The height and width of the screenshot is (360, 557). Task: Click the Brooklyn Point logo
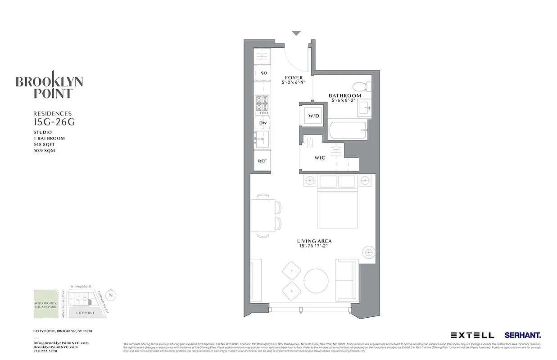(x=49, y=85)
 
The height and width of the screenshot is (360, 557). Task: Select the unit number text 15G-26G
(x=52, y=121)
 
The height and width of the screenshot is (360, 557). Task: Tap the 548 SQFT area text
(x=44, y=144)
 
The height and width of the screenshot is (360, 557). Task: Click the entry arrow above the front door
(x=296, y=33)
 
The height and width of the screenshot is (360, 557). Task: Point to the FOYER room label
(x=294, y=78)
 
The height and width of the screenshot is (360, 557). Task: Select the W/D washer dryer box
(x=313, y=116)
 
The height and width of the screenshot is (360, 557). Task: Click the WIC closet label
(x=320, y=158)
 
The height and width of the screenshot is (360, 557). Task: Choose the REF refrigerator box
(x=262, y=161)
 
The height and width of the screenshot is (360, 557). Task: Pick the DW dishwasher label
(x=262, y=122)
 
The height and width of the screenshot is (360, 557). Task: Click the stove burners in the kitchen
(x=262, y=104)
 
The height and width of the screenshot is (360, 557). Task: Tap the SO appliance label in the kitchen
(x=263, y=73)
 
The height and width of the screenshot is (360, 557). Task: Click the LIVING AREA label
(x=314, y=242)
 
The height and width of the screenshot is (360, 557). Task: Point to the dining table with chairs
(x=262, y=215)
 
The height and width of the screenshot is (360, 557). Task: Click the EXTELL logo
(x=472, y=335)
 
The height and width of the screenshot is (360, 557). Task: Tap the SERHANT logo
(x=522, y=335)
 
